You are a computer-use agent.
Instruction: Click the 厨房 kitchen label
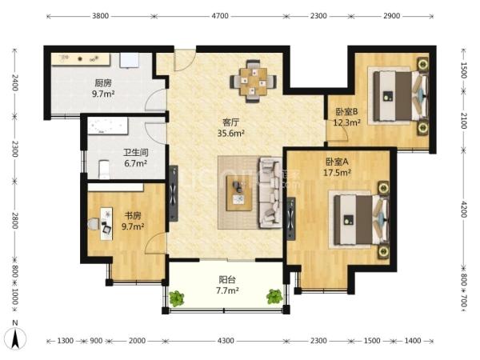(x=103, y=83)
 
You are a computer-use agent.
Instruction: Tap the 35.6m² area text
(x=231, y=133)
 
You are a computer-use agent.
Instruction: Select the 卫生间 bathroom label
(x=136, y=152)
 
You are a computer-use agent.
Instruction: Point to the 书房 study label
(x=133, y=215)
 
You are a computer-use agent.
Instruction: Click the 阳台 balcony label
(x=227, y=279)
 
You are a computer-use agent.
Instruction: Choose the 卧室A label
(x=337, y=162)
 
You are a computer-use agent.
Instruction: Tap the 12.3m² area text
(x=346, y=122)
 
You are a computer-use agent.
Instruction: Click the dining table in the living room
(x=254, y=81)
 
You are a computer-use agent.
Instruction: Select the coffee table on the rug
(x=239, y=193)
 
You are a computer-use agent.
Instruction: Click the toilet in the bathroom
(x=104, y=170)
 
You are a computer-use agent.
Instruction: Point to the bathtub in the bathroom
(x=108, y=126)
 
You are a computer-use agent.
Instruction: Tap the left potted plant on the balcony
(x=177, y=298)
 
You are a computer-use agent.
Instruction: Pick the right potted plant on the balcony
(x=274, y=296)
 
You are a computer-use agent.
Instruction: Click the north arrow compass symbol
(x=15, y=338)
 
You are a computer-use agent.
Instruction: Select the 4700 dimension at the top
(x=220, y=16)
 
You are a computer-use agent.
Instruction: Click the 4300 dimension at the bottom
(x=226, y=341)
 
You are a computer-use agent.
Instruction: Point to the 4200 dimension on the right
(x=464, y=210)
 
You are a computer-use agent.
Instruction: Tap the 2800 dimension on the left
(x=15, y=221)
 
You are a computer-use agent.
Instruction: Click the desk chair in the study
(x=93, y=224)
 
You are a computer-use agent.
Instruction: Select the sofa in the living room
(x=270, y=193)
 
